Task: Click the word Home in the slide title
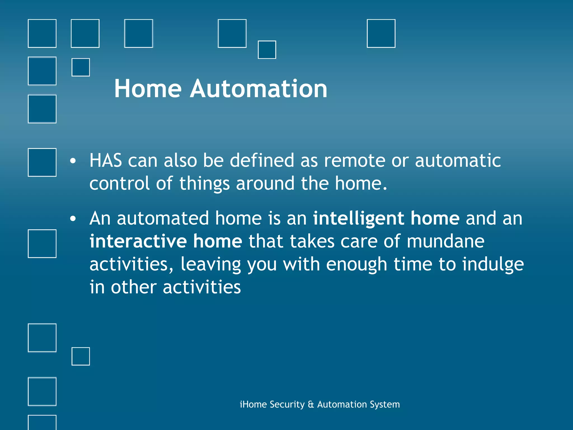click(x=148, y=89)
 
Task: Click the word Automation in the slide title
click(x=259, y=89)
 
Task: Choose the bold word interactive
click(x=138, y=241)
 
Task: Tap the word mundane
click(x=445, y=241)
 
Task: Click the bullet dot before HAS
click(x=73, y=161)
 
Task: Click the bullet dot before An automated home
click(x=73, y=219)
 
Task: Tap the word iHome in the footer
click(x=253, y=404)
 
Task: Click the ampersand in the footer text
click(x=311, y=404)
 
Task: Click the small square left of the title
click(x=81, y=67)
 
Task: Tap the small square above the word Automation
click(x=267, y=50)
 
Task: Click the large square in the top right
click(x=381, y=33)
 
